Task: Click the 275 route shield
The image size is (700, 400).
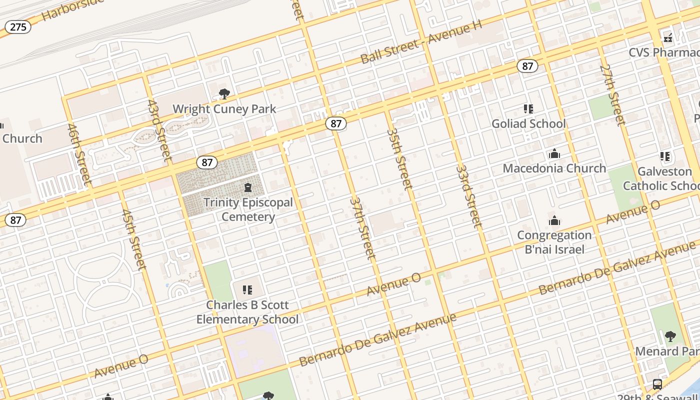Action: tap(18, 27)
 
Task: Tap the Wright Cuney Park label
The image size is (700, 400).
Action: tap(224, 109)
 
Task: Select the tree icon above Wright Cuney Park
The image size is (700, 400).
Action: tap(224, 93)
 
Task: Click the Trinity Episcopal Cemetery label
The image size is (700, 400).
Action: tap(248, 209)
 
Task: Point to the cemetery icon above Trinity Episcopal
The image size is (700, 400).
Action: tap(247, 188)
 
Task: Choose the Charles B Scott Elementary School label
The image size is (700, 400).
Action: tap(247, 312)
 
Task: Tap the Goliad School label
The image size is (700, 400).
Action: tap(528, 123)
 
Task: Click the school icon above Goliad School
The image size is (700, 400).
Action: tap(528, 108)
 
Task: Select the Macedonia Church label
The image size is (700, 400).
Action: tap(554, 168)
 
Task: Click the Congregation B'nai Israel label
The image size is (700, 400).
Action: tap(554, 242)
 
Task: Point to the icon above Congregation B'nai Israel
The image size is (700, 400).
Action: tap(554, 220)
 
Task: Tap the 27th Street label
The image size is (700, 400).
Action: tap(612, 94)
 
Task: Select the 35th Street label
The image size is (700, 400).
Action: tap(400, 158)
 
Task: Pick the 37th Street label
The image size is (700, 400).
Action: tap(362, 228)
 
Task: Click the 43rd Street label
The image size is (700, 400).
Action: tap(159, 130)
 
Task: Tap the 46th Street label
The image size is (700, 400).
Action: tap(79, 153)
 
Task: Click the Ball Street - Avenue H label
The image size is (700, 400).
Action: tap(420, 42)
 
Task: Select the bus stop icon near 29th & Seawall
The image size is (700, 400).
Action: tap(657, 384)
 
